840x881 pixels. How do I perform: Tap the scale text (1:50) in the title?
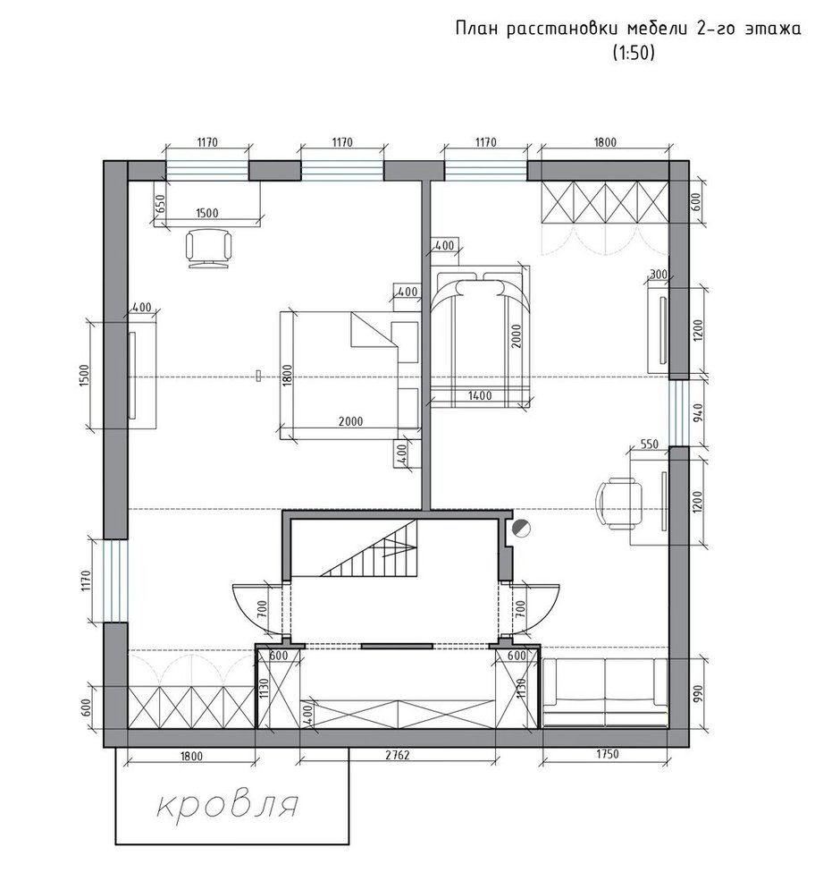pos(634,53)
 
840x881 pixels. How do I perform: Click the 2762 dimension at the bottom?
pos(397,755)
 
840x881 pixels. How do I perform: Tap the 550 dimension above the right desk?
pos(649,444)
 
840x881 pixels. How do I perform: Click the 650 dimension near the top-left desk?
pos(160,205)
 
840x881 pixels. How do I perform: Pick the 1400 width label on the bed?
pos(480,395)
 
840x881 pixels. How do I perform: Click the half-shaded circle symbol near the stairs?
pos(521,528)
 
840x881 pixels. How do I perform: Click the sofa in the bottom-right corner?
pos(605,693)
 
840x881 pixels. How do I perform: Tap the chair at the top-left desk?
pos(208,248)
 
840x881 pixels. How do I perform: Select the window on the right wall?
pos(678,413)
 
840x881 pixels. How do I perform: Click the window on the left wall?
pos(115,580)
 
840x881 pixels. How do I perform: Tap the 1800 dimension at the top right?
pos(605,142)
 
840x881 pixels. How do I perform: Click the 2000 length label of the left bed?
pos(351,421)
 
